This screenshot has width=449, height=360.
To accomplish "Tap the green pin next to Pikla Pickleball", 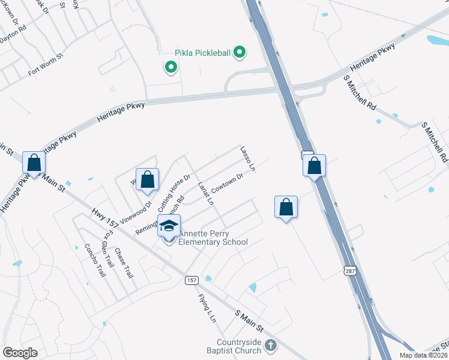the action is (240, 53).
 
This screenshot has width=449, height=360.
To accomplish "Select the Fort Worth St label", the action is (46, 64).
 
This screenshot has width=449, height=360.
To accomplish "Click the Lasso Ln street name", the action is (248, 159).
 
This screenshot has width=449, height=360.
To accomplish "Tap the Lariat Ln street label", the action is (205, 193).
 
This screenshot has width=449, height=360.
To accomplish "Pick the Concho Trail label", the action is (95, 260).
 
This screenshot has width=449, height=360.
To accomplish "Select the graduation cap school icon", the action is (169, 226).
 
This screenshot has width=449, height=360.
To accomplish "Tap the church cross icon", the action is (271, 345).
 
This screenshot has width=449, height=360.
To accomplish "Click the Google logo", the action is (20, 353).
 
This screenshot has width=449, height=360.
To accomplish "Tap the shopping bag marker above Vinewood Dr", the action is (147, 179).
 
